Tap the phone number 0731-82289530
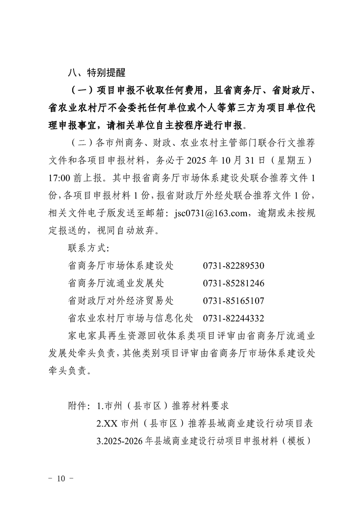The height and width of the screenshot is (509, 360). [x=233, y=266]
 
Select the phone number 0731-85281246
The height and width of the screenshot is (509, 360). [x=233, y=284]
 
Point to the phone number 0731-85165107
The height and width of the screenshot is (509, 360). [x=233, y=301]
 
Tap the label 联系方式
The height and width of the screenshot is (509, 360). [x=88, y=249]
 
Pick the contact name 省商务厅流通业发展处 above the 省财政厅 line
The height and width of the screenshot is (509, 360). [x=115, y=284]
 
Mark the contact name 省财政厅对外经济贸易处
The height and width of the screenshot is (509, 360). [x=120, y=301]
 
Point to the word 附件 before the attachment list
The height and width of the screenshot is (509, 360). [x=78, y=405]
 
